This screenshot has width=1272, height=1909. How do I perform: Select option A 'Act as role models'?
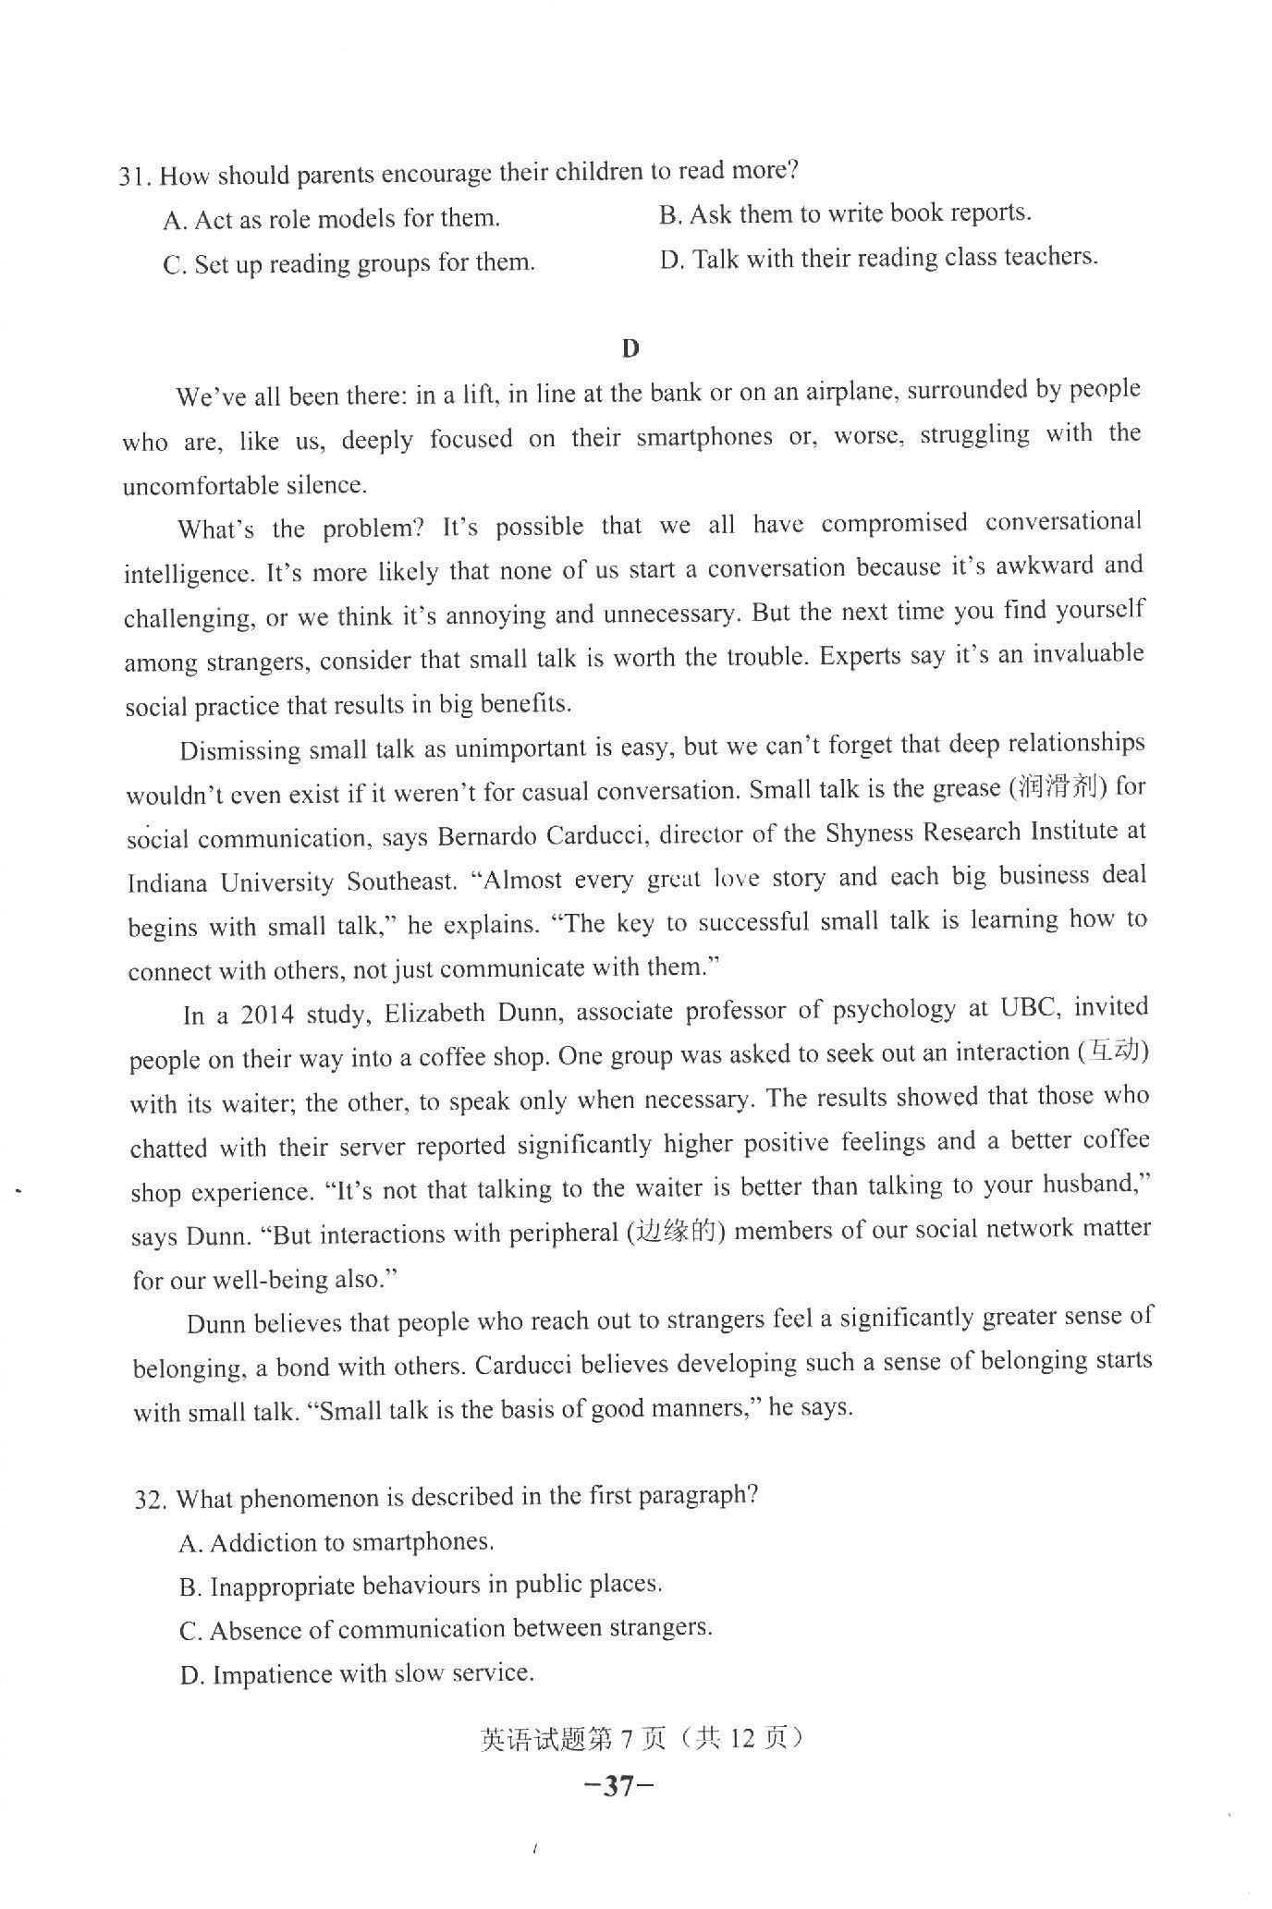point(331,219)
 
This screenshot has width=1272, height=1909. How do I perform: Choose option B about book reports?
point(844,213)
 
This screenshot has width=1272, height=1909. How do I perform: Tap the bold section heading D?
point(630,348)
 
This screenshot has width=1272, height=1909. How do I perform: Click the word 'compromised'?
point(894,523)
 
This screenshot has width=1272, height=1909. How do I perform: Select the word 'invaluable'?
point(1087,654)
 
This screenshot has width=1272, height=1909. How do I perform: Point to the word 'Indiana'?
point(167,883)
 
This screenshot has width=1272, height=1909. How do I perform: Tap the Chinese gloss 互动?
point(1113,1052)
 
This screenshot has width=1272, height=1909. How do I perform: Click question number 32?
point(151,1499)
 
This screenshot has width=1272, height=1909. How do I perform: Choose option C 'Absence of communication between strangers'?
point(446,1629)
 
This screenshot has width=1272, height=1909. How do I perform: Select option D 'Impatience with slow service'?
point(357,1673)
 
